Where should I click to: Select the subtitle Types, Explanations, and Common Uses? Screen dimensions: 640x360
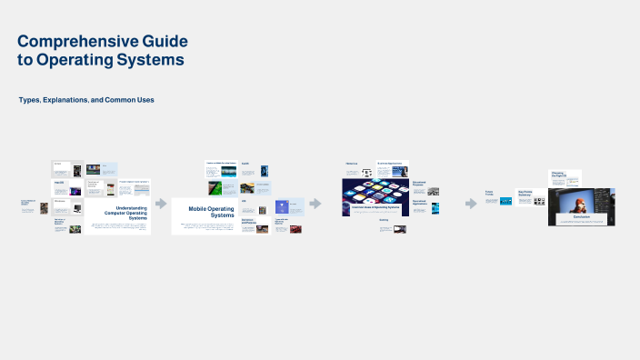(x=85, y=99)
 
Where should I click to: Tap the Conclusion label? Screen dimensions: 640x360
(x=581, y=216)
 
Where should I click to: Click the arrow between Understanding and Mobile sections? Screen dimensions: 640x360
(x=161, y=204)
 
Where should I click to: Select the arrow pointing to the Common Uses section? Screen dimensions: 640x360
(x=315, y=204)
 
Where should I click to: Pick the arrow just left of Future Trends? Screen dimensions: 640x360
(x=471, y=203)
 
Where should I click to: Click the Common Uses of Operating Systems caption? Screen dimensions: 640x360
(x=376, y=207)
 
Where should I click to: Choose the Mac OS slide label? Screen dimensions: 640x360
(x=59, y=183)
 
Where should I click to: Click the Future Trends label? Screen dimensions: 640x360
(x=489, y=194)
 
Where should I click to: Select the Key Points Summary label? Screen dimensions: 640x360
(x=524, y=193)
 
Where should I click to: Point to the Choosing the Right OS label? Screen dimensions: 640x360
(x=558, y=174)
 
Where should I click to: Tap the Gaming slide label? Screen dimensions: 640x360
(x=384, y=220)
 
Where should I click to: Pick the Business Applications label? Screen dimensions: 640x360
(x=389, y=164)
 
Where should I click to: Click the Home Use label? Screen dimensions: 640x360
(x=351, y=164)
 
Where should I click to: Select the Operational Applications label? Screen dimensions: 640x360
(x=419, y=203)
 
